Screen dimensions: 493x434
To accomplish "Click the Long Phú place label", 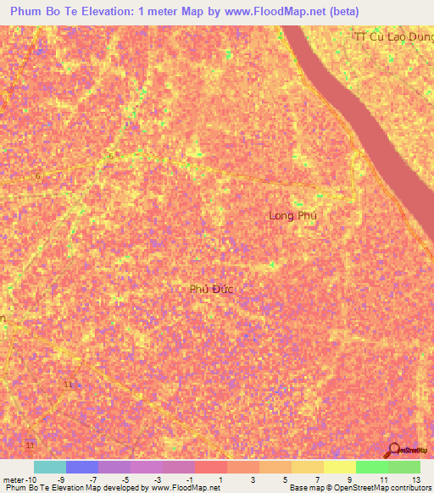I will coord(292,216).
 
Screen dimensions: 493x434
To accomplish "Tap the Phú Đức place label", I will coord(211,289).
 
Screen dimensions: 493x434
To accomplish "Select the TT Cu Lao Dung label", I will coord(392,36).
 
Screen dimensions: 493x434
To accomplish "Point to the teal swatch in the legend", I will coord(49,467).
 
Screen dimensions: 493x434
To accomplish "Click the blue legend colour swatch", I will coord(82,467).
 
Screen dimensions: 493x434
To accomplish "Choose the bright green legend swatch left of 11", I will coord(371,467).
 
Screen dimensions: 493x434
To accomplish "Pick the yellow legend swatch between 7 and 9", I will coord(307,467).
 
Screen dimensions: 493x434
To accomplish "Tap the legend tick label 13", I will coord(415,479).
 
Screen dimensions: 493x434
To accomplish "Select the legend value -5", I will coord(125,479).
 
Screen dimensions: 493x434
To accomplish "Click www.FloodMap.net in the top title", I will coord(272,12).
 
